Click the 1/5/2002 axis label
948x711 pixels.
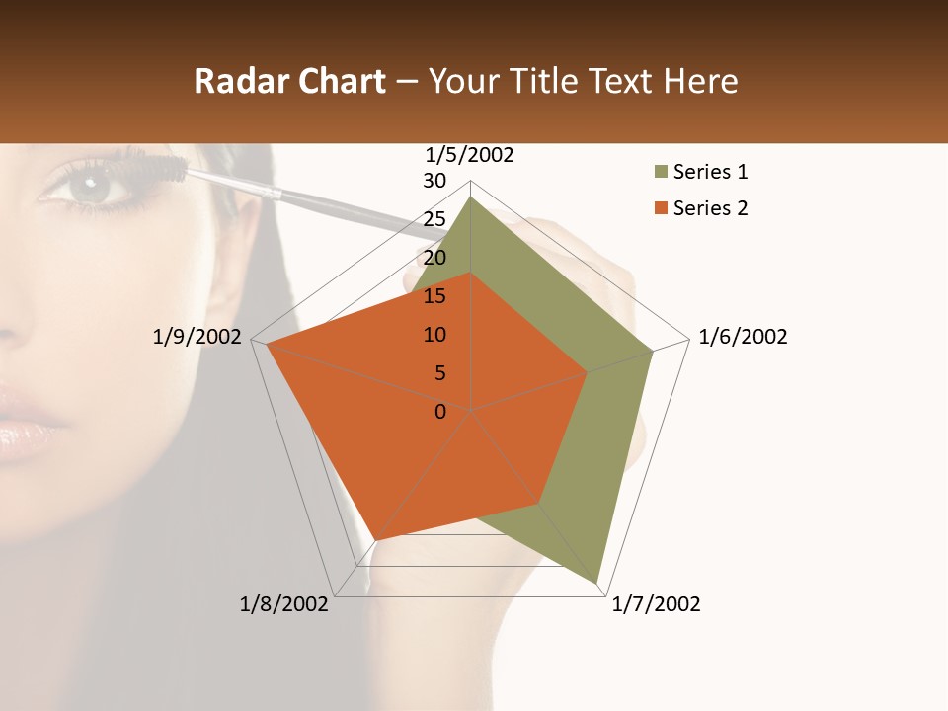469,155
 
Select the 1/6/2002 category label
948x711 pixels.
743,337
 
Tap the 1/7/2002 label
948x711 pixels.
656,604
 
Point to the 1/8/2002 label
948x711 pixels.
284,604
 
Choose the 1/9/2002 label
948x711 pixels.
197,337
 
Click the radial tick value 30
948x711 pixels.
434,181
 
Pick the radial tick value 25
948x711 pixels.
434,219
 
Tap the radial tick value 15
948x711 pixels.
434,296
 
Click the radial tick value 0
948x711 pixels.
440,412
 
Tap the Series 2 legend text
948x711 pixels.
710,208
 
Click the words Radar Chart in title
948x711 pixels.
289,81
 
